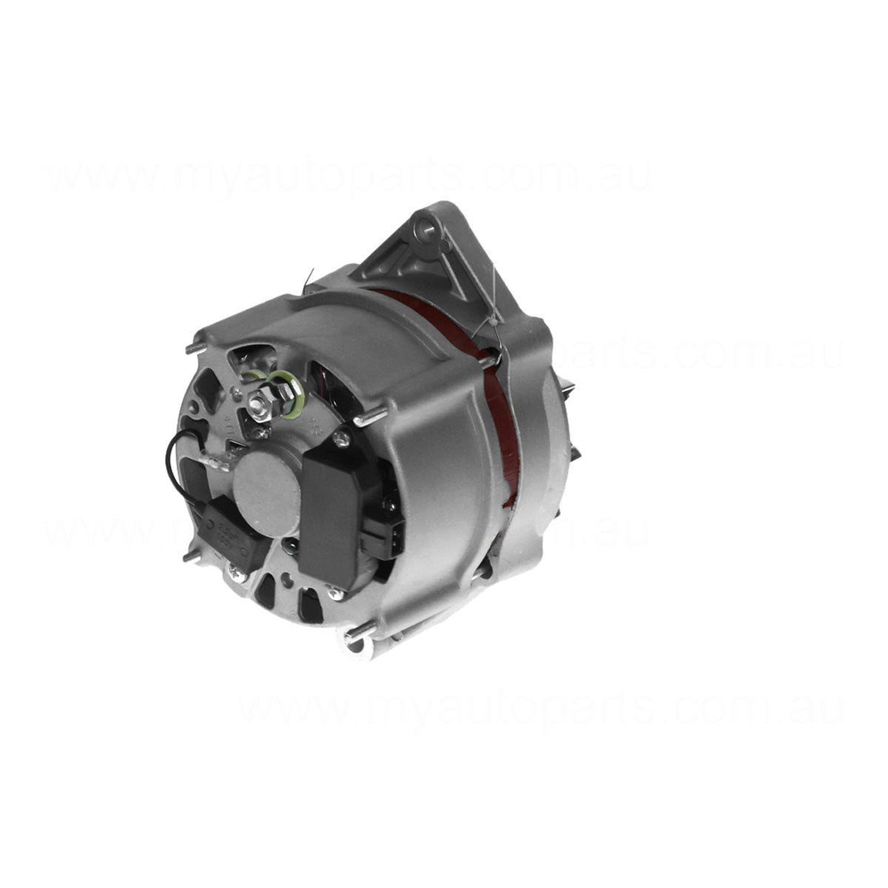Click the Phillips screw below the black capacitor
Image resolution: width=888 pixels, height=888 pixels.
(x=235, y=571)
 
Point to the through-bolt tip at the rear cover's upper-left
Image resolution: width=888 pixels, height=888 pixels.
(x=194, y=346)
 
